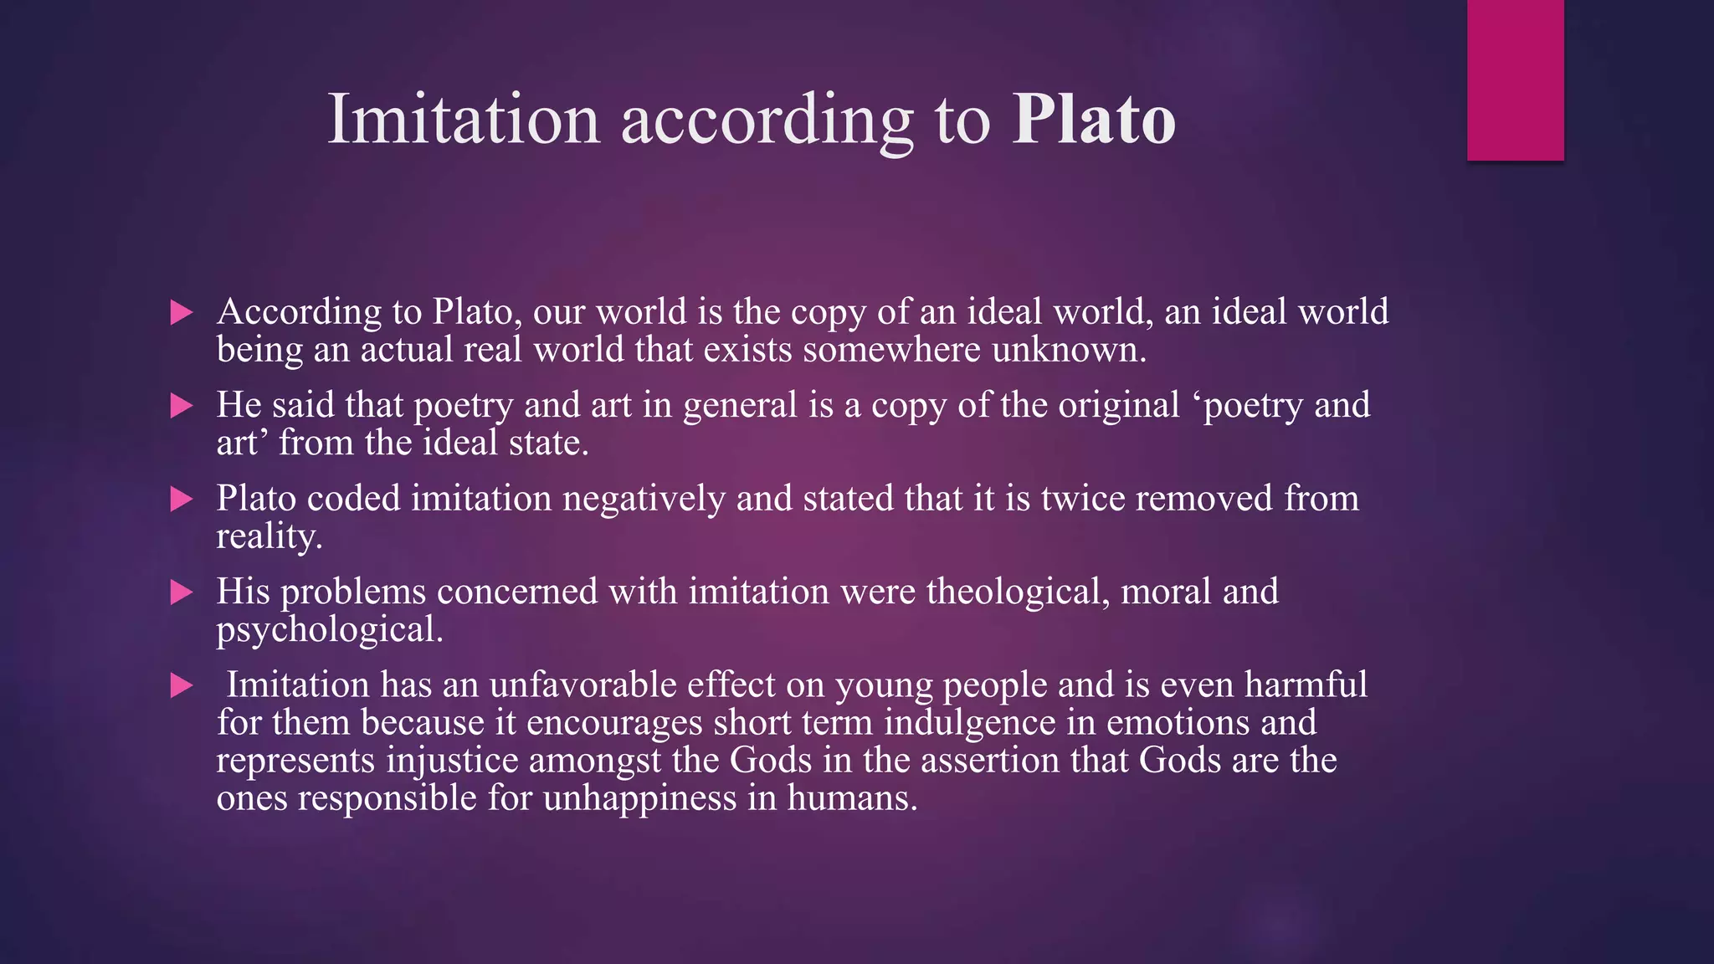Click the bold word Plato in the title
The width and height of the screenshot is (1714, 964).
coord(1094,120)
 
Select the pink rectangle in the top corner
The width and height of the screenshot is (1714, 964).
coord(1515,79)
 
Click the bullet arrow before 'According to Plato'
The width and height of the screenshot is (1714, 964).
coord(181,313)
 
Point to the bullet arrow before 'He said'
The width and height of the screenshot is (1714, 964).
coord(181,407)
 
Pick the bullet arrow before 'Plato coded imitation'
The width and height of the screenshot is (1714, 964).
coord(181,500)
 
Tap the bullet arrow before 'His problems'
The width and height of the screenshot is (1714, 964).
coord(181,593)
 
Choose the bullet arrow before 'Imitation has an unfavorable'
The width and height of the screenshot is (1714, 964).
coord(181,686)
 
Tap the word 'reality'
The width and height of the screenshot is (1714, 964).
coord(267,537)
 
